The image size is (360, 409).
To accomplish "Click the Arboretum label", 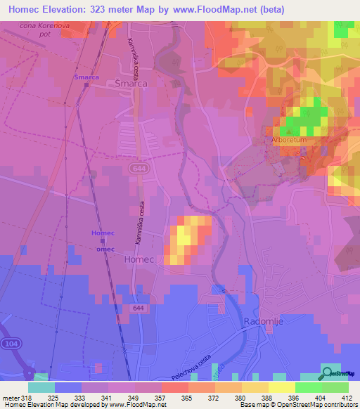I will click(x=290, y=140).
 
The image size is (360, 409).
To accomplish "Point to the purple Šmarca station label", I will click(x=87, y=77).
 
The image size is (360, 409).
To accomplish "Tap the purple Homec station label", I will click(x=103, y=233).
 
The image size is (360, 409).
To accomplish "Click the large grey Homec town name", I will click(x=138, y=259).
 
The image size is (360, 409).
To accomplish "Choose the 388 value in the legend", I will click(x=266, y=397).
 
